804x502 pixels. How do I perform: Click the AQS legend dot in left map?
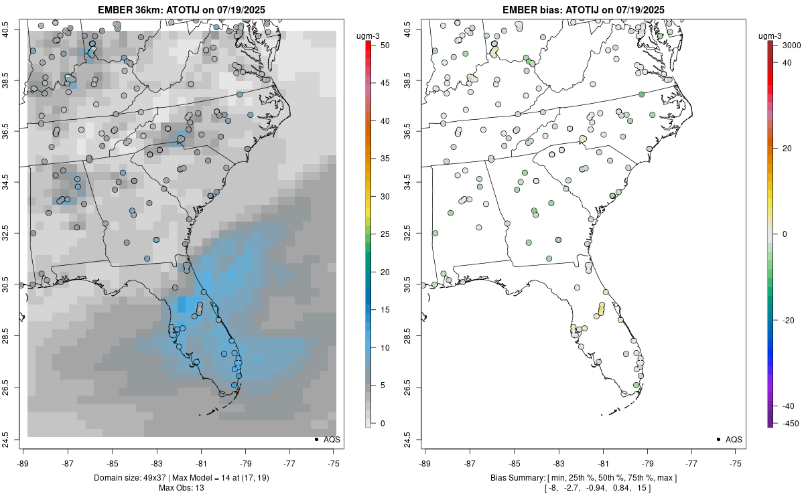point(316,439)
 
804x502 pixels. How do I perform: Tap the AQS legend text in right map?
point(734,439)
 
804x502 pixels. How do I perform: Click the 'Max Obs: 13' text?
point(181,487)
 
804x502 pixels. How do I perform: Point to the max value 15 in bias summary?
point(645,487)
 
